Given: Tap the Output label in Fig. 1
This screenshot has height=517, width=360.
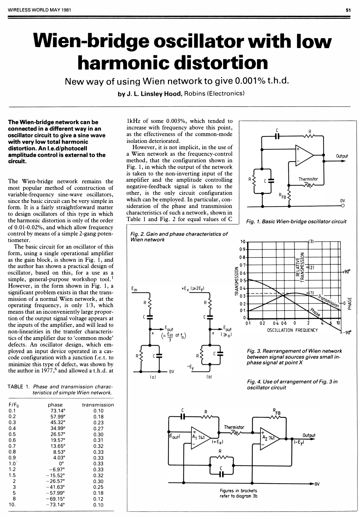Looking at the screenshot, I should point(342,156).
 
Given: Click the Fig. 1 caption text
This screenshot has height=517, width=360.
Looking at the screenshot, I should point(296,221).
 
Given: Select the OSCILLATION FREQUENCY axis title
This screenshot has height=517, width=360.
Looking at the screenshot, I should point(292,330).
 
